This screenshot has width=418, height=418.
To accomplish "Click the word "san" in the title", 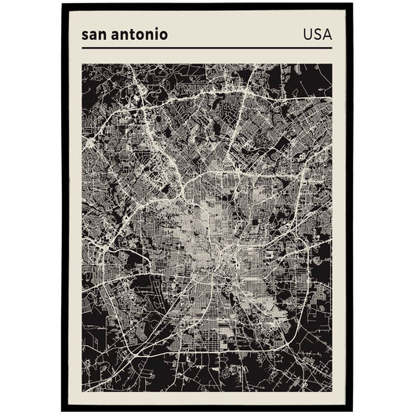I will [94, 36].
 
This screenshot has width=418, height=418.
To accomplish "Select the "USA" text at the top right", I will [316, 35].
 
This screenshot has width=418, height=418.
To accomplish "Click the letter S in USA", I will [316, 35].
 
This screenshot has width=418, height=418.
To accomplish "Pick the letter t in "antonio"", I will [130, 36].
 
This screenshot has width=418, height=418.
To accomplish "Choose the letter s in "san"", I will [84, 37].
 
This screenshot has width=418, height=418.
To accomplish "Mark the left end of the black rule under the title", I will [82, 49].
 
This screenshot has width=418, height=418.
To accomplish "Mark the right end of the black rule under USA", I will [332, 49].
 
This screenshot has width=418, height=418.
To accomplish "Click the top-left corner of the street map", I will [82, 64].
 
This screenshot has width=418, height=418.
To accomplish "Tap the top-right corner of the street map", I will [332, 64].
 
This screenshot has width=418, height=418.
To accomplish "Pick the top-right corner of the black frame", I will [353, 5].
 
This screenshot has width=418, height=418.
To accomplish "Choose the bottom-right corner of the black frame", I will [353, 411].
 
